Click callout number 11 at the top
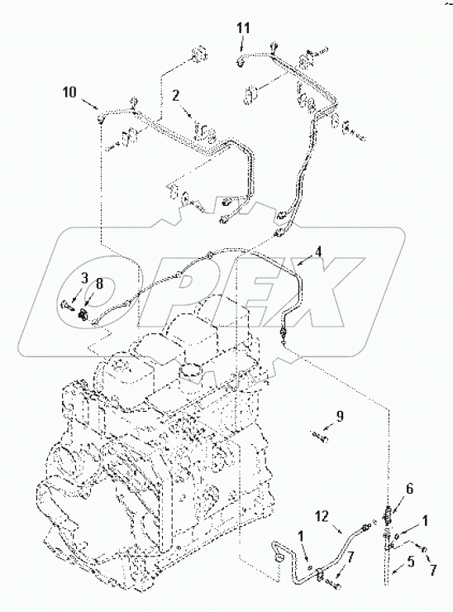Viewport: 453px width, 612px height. pos(241,28)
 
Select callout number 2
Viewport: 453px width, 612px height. pos(174,96)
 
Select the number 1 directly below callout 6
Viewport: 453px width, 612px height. pos(425,521)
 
